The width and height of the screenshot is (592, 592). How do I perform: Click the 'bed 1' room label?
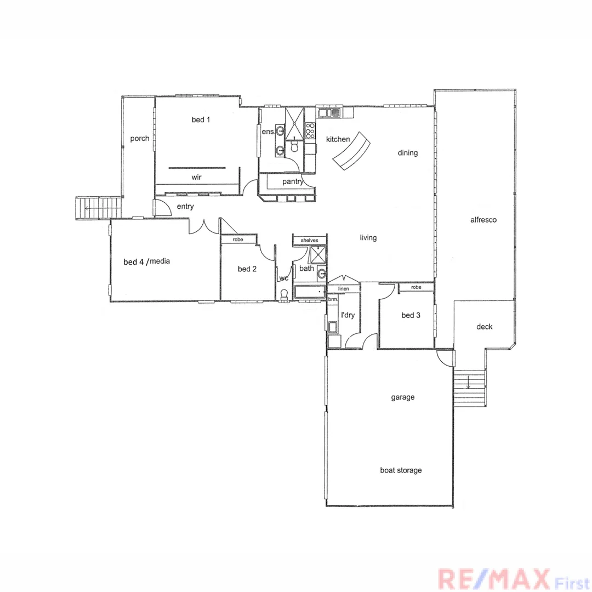[201, 120]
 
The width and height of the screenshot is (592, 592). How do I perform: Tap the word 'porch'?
[139, 139]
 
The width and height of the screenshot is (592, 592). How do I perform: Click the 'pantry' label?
[293, 181]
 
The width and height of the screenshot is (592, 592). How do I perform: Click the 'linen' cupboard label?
[343, 288]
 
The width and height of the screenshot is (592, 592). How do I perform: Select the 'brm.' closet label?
[332, 299]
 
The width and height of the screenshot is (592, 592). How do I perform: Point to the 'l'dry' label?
[349, 315]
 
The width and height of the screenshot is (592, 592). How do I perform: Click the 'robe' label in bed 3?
[416, 287]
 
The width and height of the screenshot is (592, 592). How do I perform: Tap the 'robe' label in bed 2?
[238, 240]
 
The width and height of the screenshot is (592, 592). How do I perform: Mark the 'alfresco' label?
[483, 220]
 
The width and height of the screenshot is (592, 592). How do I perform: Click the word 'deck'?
[484, 327]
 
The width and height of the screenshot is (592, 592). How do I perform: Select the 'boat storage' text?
[401, 470]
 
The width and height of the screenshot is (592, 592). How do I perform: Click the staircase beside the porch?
[99, 208]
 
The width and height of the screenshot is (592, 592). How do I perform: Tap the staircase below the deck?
[470, 389]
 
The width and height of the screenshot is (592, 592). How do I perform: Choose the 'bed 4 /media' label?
[146, 262]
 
